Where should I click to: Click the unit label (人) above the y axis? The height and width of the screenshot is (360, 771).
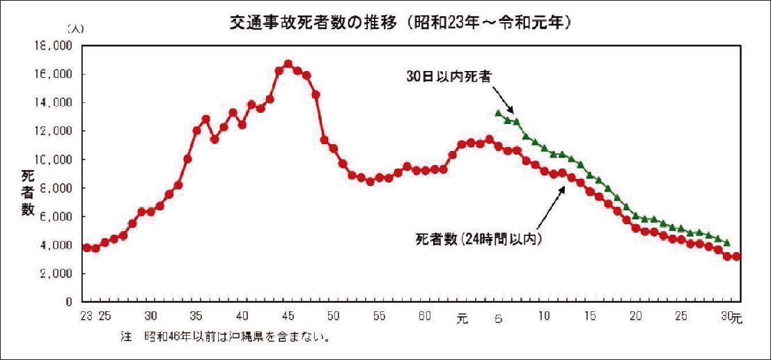click(74, 29)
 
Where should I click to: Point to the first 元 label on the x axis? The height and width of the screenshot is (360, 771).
click(462, 318)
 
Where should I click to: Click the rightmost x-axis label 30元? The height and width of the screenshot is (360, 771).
click(731, 317)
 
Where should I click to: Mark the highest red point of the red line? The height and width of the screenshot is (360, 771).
click(288, 64)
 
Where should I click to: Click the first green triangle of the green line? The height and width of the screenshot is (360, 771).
click(498, 113)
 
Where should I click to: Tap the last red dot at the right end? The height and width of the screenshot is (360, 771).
click(736, 256)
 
